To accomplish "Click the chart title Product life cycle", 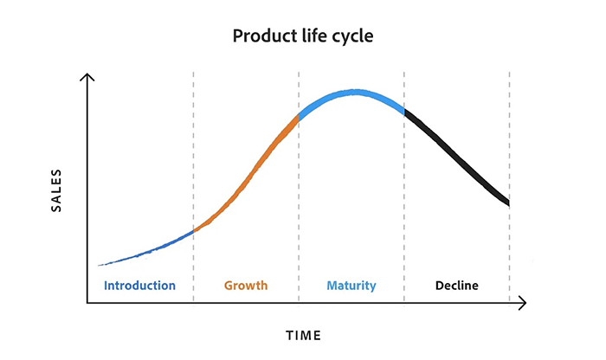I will click(x=302, y=37).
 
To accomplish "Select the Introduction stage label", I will click(x=139, y=286).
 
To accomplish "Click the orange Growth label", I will click(x=246, y=286).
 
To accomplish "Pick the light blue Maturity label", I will click(x=351, y=286).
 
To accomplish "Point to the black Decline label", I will click(x=456, y=286).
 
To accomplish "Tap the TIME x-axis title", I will click(x=303, y=334).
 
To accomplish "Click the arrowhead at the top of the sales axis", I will click(x=87, y=78).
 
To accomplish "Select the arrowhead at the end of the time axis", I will click(x=522, y=304).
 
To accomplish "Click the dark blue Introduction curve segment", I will click(x=147, y=250).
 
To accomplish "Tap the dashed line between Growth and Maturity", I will click(x=299, y=216).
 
